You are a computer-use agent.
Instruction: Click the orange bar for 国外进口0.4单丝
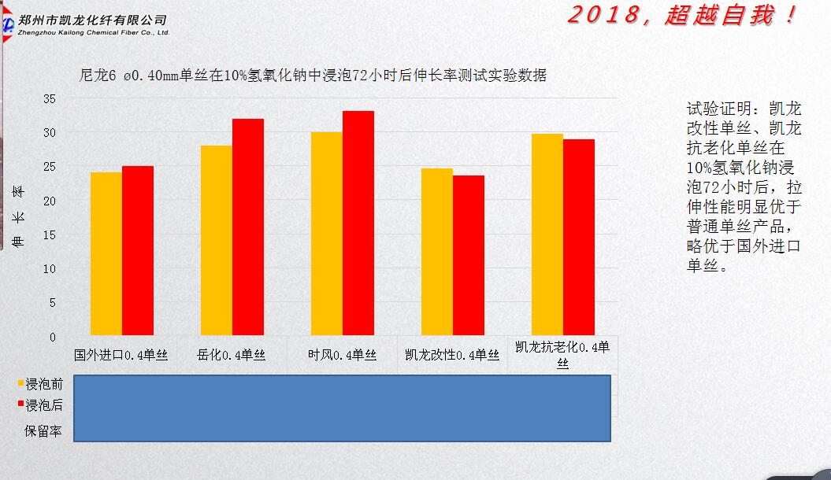pos(106,253)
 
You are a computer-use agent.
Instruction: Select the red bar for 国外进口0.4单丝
pos(138,250)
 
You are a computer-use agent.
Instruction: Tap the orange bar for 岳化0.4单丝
pos(217,240)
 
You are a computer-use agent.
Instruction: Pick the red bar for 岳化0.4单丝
pos(248,227)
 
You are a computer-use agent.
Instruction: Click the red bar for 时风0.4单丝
pos(358,223)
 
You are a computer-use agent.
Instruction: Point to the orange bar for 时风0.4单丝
pos(327,233)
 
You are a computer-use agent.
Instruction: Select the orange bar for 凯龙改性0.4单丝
pos(437,252)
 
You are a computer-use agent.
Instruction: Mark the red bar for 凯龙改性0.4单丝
pos(469,255)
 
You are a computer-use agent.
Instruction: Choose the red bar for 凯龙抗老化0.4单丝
pos(579,237)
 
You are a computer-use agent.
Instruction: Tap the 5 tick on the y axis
pos(53,302)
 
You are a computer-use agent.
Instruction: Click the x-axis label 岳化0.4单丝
pos(232,355)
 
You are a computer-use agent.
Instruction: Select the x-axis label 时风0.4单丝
pos(342,355)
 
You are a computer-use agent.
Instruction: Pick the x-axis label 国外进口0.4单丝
pos(121,355)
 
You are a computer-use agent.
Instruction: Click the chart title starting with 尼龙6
pos(313,76)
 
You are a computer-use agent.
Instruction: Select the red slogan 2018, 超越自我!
pos(682,16)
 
